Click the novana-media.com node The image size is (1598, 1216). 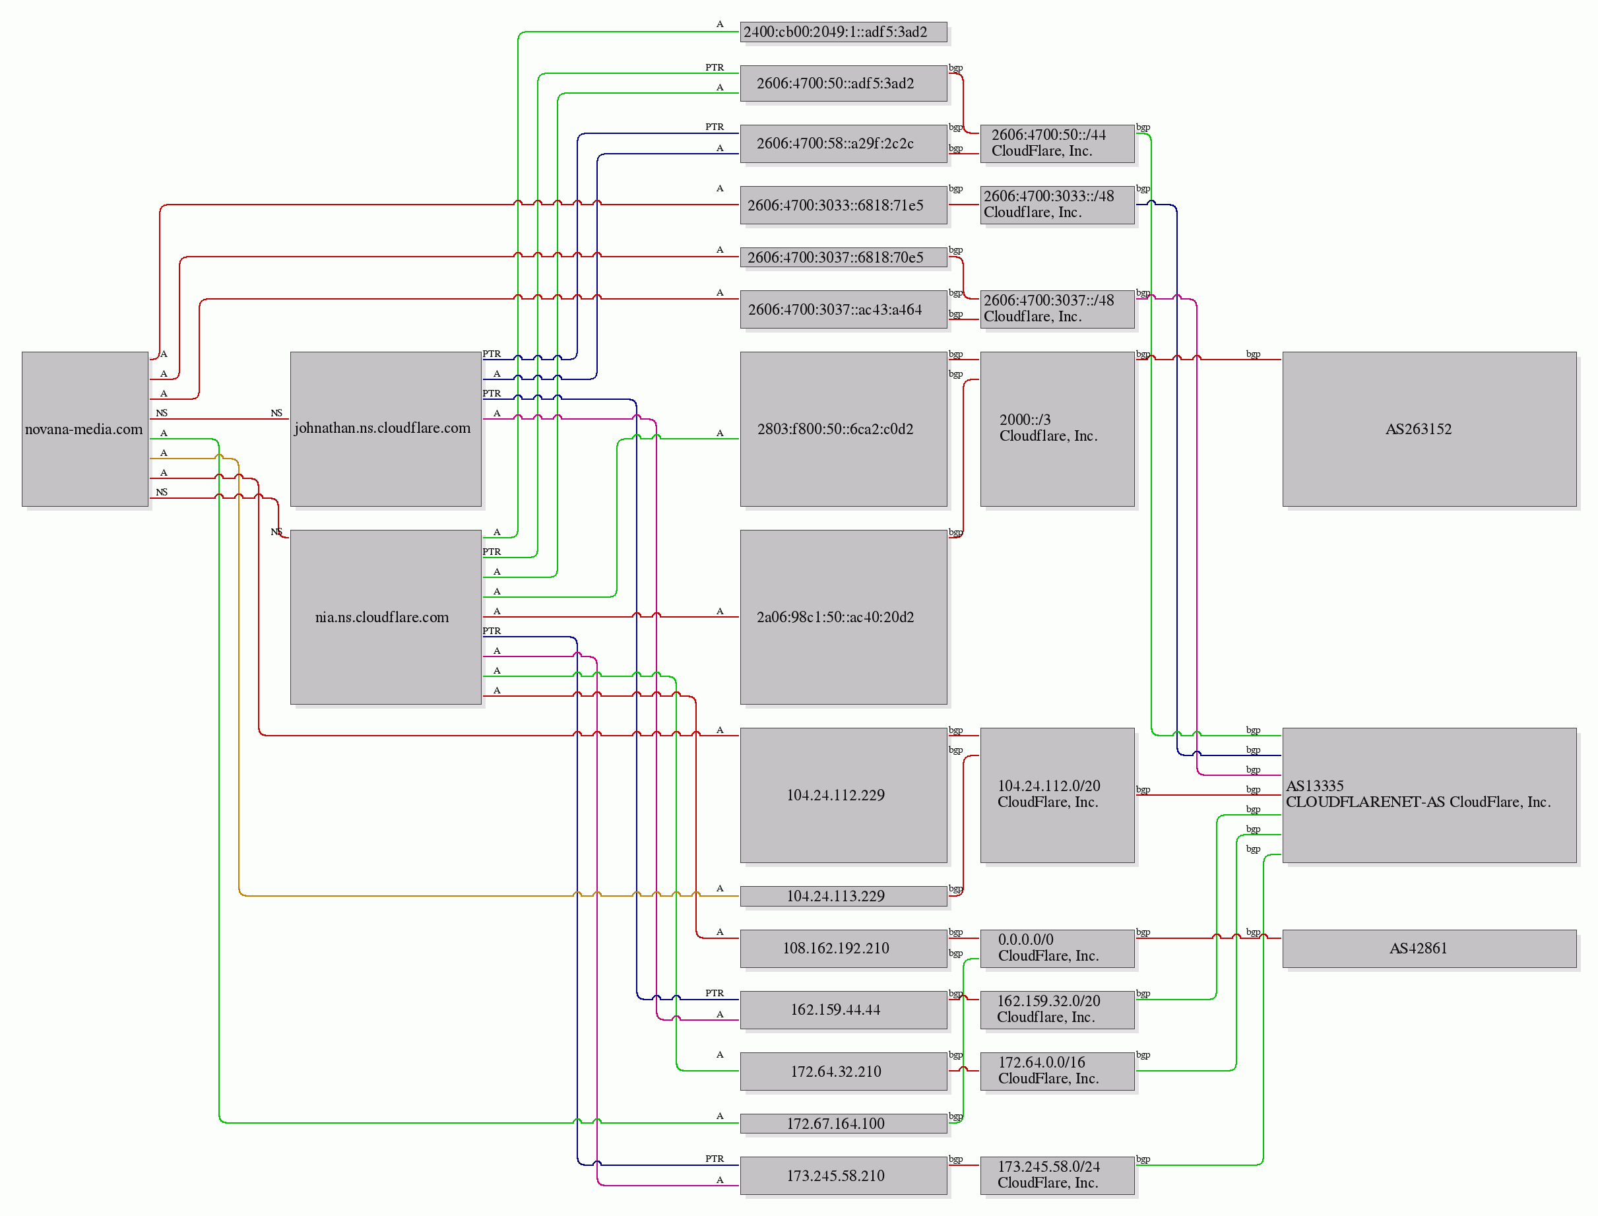(x=84, y=430)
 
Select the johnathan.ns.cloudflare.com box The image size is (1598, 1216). (x=386, y=430)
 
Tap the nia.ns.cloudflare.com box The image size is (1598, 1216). (x=386, y=618)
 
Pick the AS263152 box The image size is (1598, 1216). (x=1429, y=430)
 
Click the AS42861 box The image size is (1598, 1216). (x=1429, y=949)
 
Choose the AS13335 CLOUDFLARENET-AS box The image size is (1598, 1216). (x=1429, y=796)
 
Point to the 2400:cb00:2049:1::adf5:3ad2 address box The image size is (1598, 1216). (x=844, y=32)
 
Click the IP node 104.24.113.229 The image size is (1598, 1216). (x=844, y=896)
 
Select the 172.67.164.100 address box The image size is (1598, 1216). (x=844, y=1124)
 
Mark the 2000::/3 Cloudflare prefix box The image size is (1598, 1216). (x=1058, y=430)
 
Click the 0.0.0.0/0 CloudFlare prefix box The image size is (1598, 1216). (x=1058, y=949)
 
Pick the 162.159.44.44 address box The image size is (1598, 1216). (x=844, y=1010)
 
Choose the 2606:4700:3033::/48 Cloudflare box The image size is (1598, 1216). (x=1058, y=205)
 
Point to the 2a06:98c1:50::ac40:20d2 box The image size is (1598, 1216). (x=844, y=618)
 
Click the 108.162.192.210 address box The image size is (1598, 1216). (x=844, y=949)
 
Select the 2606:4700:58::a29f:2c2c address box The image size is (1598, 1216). (x=844, y=143)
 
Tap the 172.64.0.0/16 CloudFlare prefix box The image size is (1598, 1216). (x=1058, y=1072)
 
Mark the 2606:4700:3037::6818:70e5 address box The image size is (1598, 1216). (x=844, y=258)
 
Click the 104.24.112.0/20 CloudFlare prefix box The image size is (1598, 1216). (x=1058, y=796)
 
